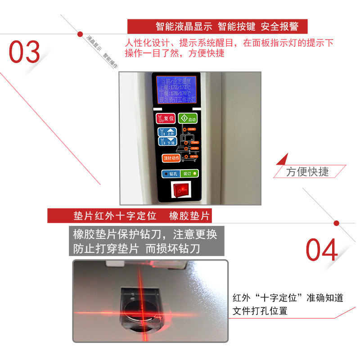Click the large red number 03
pos(25,52)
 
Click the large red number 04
pos(322,251)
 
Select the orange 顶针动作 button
pos(171,158)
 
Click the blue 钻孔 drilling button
pos(170,173)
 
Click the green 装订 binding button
pos(189,173)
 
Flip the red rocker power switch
pos(180,191)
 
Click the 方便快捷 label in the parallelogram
pos(308,171)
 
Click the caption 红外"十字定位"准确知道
pos(288,298)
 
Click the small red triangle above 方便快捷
pos(283,160)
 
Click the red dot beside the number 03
pos(80,33)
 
